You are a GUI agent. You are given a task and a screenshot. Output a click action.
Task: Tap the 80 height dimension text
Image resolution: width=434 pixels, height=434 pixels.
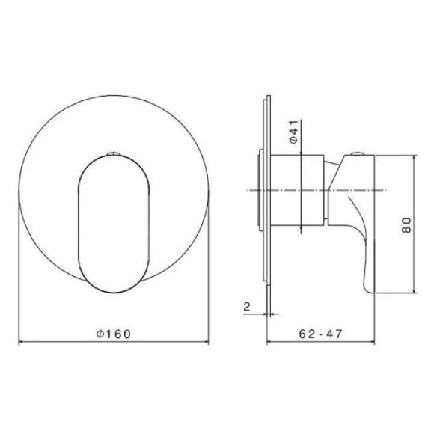(406, 225)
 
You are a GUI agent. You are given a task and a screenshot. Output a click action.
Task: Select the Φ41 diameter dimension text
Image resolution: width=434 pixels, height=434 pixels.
(294, 135)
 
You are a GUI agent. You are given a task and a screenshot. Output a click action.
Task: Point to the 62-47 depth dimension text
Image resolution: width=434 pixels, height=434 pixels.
(321, 334)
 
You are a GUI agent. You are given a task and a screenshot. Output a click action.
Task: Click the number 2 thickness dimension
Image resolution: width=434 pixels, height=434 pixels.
(246, 306)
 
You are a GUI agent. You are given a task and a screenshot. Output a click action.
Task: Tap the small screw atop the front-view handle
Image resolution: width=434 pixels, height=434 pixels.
(112, 155)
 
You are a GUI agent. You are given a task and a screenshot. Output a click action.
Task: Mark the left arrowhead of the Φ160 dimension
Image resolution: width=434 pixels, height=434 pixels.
(20, 343)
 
